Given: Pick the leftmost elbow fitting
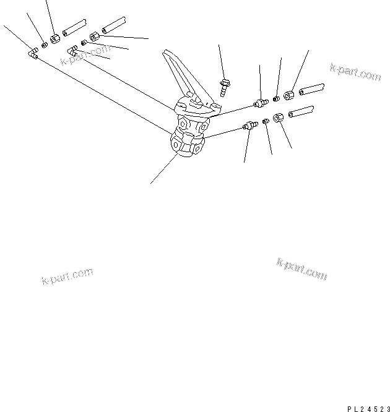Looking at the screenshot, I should click(33, 54).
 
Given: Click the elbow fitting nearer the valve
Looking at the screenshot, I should click(72, 53).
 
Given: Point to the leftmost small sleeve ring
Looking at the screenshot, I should click(45, 44).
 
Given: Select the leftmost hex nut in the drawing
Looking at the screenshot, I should click(54, 39).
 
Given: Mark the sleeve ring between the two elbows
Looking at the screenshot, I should click(84, 43).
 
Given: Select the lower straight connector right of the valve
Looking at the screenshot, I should click(248, 126).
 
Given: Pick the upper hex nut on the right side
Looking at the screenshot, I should click(288, 95).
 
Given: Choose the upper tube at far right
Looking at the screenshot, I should click(313, 88).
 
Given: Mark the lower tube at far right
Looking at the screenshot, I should click(301, 112).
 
